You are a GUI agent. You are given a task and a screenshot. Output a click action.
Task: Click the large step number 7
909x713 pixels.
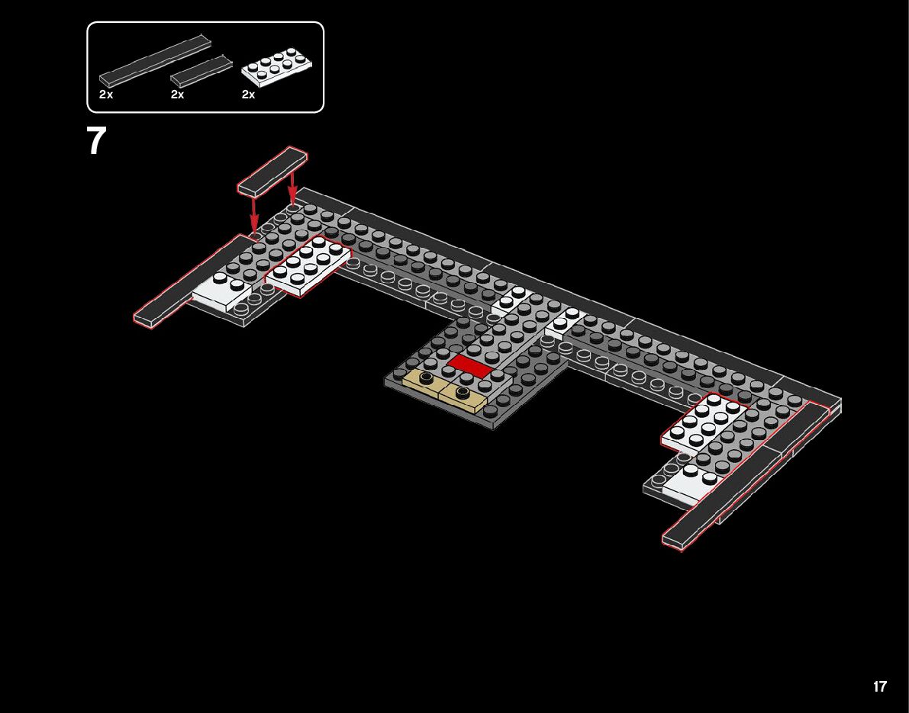coord(97,141)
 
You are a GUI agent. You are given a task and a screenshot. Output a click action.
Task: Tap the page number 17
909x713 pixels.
coord(880,686)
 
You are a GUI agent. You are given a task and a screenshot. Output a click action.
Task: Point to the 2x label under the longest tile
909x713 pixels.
coord(106,95)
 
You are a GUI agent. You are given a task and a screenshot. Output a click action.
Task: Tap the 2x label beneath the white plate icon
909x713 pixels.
coord(249,95)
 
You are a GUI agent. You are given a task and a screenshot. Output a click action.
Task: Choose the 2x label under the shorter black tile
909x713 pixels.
coord(178,95)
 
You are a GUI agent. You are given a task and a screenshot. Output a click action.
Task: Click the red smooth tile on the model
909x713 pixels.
coord(469,366)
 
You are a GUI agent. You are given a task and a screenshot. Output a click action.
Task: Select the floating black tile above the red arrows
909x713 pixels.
coord(272,172)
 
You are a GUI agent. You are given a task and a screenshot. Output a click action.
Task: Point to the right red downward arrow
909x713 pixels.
coord(292,191)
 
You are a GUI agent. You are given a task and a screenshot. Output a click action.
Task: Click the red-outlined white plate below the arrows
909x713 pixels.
coord(308,265)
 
